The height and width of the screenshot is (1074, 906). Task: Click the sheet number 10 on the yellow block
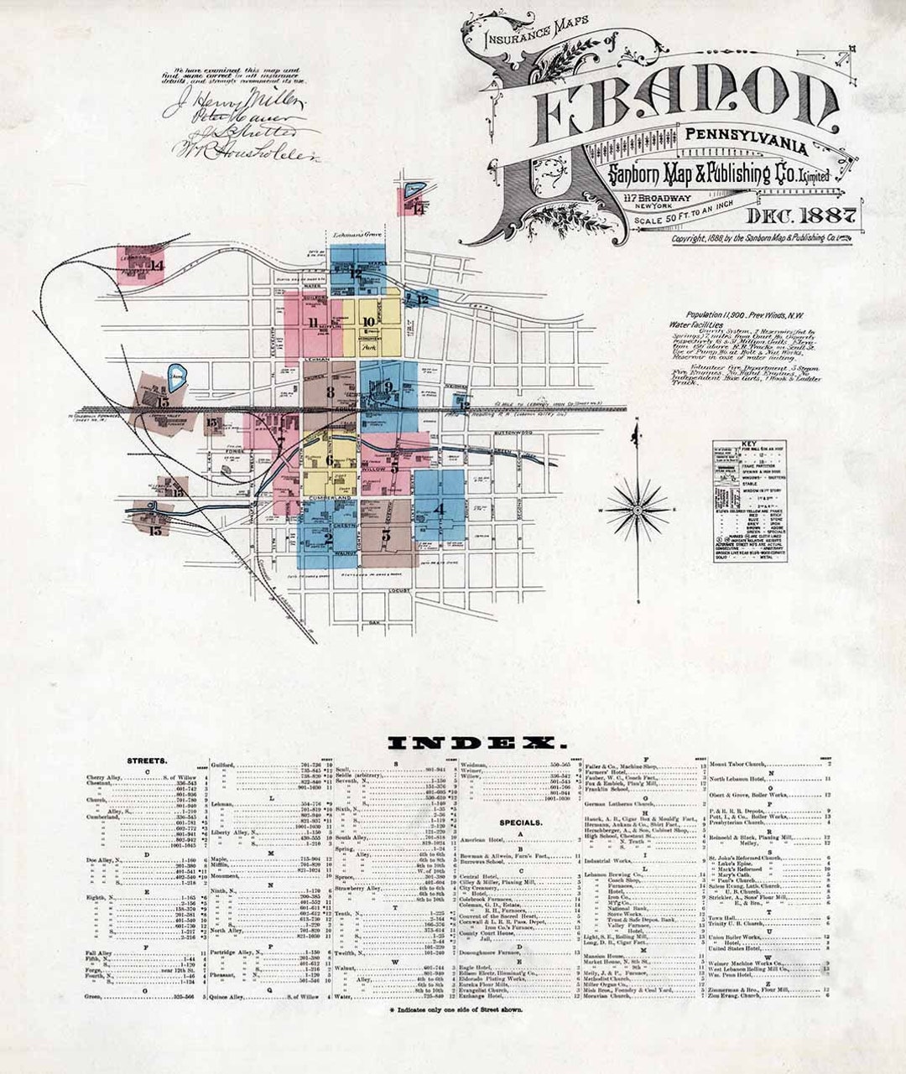(369, 322)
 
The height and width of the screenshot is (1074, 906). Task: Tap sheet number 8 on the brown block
(331, 392)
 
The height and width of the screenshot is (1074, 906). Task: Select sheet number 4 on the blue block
(440, 506)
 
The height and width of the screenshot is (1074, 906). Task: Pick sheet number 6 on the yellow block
(330, 460)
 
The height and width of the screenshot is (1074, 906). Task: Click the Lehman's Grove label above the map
(351, 236)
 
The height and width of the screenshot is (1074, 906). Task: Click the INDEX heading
(476, 743)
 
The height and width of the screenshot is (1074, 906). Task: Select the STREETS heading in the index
(147, 760)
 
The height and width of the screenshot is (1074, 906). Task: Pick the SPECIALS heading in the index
(521, 822)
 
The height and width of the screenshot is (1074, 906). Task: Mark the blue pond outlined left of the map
(176, 375)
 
